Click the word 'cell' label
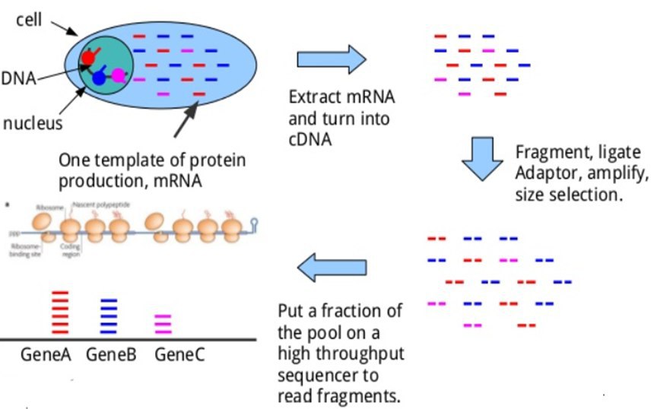28,17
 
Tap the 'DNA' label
17,77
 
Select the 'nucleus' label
33,122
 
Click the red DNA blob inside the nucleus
88,56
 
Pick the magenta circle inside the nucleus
119,75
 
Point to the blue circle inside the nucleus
99,78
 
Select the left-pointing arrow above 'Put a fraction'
332,268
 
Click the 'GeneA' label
45,354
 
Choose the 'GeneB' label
110,354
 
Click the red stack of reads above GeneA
59,312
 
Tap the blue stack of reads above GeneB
110,316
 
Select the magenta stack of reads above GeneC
164,324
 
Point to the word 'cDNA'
310,139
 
